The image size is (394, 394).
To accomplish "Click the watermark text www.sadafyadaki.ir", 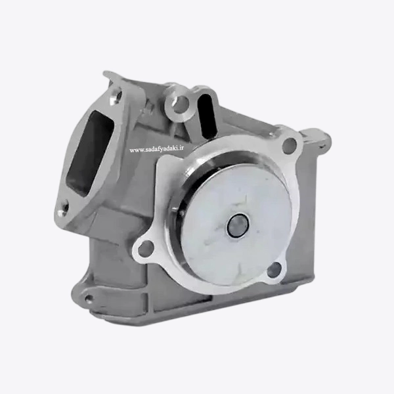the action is coord(156,149).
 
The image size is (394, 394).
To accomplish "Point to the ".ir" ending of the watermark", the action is coord(181,149).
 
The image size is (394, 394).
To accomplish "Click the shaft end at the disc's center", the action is coord(238,225).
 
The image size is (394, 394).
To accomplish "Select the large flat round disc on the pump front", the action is coord(236,225).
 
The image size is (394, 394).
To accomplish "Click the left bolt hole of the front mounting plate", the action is coord(144,248).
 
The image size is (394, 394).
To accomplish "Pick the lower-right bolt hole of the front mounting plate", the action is coord(274,270).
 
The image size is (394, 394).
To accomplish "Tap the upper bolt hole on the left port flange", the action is coord(116,97).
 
